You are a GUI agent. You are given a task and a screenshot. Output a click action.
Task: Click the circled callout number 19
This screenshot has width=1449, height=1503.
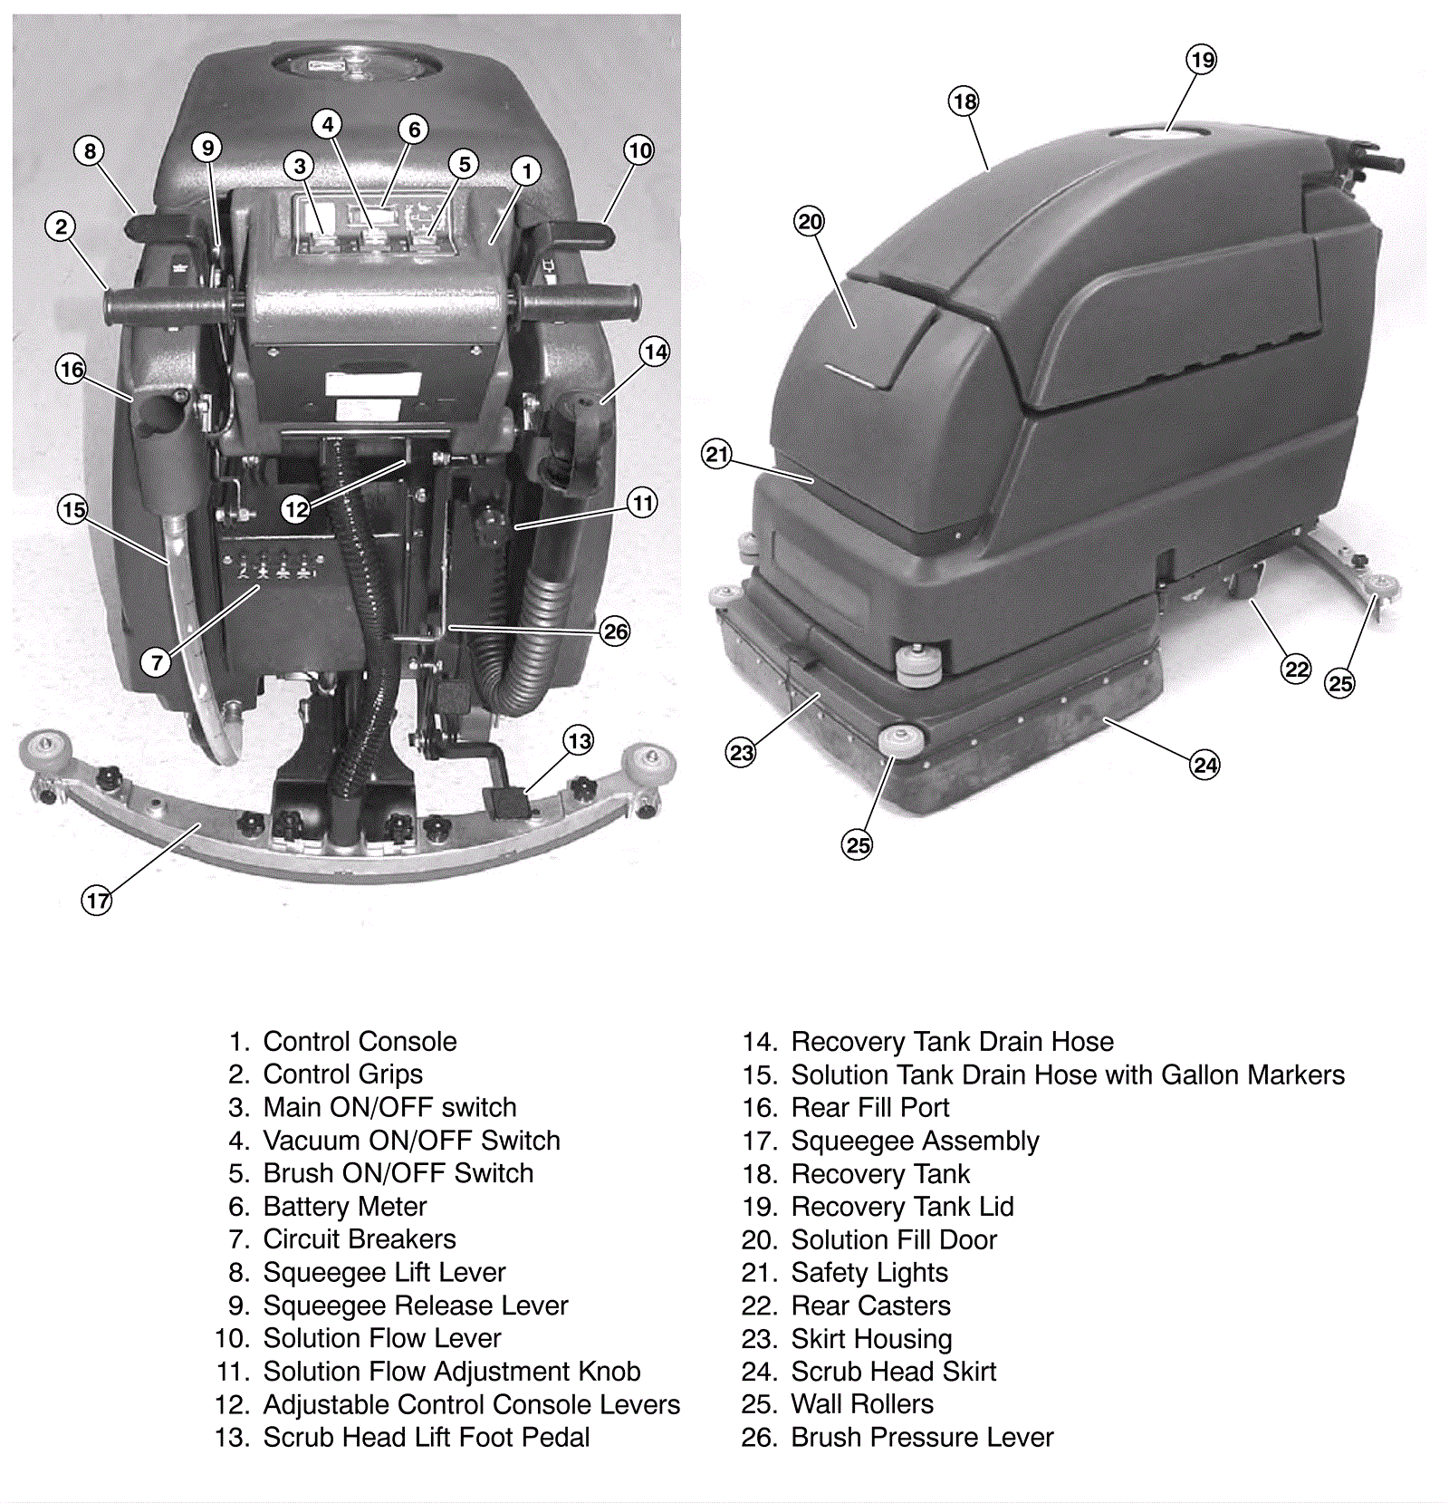1202,60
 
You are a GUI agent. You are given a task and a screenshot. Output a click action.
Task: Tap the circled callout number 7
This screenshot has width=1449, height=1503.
157,662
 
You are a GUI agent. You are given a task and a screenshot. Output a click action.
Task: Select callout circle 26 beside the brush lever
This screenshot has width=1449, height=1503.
615,631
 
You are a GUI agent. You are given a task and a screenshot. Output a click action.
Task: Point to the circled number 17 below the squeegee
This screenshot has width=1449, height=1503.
97,901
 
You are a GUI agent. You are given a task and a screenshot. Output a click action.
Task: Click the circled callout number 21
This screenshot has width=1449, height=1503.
717,454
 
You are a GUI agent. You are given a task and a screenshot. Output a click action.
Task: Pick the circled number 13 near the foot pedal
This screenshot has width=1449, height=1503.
580,741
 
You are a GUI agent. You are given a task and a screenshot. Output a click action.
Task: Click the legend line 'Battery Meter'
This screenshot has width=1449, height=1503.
344,1207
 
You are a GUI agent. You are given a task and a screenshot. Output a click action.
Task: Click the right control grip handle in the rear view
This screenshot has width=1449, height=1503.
580,302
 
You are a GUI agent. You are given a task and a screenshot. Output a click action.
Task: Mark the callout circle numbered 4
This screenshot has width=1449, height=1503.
328,124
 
